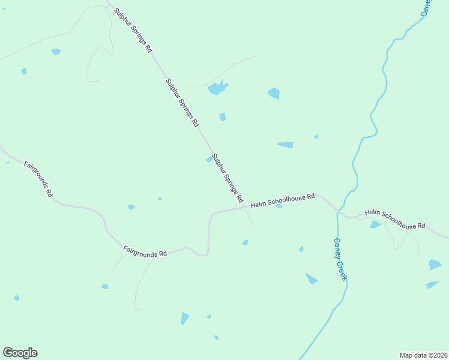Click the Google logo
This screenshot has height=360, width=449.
tap(20, 353)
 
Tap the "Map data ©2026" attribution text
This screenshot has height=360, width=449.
tap(423, 355)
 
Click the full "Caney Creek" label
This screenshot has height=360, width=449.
tap(340, 259)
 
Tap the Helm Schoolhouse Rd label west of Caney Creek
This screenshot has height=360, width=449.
tap(283, 200)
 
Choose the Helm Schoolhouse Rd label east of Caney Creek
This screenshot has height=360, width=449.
tap(395, 219)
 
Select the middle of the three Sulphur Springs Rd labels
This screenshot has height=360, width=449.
tap(181, 103)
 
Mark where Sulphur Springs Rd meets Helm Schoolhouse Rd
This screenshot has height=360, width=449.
tap(246, 207)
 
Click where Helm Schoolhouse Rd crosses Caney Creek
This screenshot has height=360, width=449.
tap(339, 211)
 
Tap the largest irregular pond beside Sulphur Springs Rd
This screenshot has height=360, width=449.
tap(217, 88)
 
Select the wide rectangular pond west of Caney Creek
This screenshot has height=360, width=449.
tap(285, 145)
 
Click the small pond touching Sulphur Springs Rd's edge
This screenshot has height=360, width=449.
tap(209, 159)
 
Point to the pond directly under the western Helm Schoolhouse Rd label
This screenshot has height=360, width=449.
tap(279, 206)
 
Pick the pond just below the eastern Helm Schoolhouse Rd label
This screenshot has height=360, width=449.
tap(375, 224)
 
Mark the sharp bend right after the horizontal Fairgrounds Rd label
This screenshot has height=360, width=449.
tap(207, 254)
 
